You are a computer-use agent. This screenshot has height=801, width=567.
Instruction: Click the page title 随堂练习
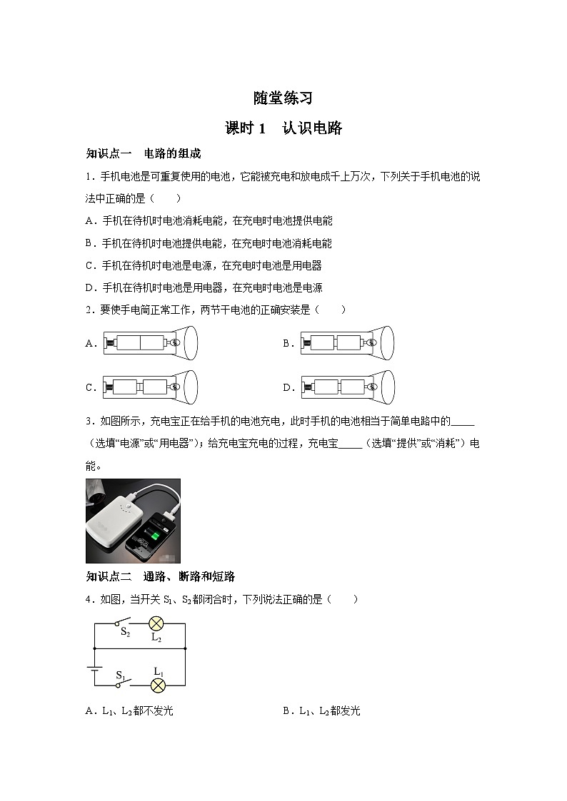pyautogui.click(x=283, y=98)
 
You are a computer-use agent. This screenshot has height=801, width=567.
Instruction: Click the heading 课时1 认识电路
pyautogui.click(x=283, y=128)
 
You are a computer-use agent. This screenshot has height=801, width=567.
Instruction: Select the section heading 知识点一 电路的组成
pyautogui.click(x=144, y=153)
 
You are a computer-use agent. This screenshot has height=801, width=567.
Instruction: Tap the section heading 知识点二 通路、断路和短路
pyautogui.click(x=161, y=576)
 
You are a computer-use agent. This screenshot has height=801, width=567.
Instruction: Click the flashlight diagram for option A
pyautogui.click(x=150, y=343)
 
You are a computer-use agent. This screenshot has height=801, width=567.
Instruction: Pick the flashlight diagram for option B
pyautogui.click(x=347, y=343)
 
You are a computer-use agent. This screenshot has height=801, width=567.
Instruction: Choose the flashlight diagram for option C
pyautogui.click(x=150, y=387)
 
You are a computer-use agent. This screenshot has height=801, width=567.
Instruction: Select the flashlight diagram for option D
pyautogui.click(x=347, y=387)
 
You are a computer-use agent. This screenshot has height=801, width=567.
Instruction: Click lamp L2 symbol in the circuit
pyautogui.click(x=156, y=623)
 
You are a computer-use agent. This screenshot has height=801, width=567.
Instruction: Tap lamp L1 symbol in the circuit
pyautogui.click(x=158, y=685)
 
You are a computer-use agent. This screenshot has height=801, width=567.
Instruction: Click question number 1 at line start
pyautogui.click(x=89, y=176)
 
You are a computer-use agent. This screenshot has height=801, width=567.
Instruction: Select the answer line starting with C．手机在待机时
pyautogui.click(x=204, y=265)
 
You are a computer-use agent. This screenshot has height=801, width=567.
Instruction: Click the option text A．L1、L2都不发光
pyautogui.click(x=129, y=710)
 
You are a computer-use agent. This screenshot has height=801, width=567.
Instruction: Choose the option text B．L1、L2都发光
pyautogui.click(x=322, y=710)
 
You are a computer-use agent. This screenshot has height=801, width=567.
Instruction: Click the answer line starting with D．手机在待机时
pyautogui.click(x=204, y=287)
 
